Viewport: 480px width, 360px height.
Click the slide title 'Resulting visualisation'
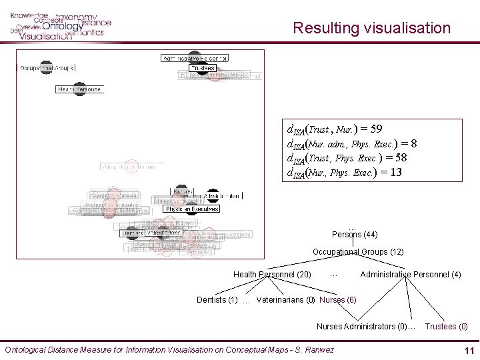[x=371, y=28]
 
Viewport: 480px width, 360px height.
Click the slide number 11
[x=469, y=351]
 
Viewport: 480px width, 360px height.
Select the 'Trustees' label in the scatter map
[x=202, y=68]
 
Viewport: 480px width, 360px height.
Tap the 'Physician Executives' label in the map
[x=191, y=209]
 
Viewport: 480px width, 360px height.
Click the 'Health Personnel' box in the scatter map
[x=79, y=89]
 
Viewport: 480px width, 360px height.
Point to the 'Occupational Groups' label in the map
[x=46, y=68]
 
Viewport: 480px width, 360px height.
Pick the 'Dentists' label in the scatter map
[x=132, y=233]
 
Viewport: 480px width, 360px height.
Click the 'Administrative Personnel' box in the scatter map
[x=195, y=58]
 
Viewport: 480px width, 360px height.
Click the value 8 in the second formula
[x=414, y=143]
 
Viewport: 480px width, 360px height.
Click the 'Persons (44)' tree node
[x=355, y=235]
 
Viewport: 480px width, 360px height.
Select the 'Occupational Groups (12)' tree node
[x=358, y=252]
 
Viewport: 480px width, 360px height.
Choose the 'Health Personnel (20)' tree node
[x=272, y=275]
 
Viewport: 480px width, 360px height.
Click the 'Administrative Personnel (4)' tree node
[x=410, y=275]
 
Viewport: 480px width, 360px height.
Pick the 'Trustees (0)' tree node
[x=446, y=327]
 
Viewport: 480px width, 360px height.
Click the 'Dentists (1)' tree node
[x=217, y=300]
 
